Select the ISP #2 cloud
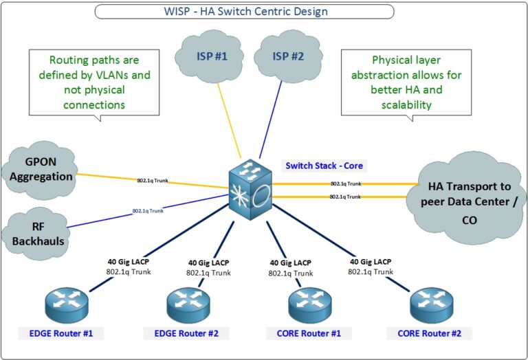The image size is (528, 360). coord(288,56)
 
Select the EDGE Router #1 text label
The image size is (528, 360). coord(61,334)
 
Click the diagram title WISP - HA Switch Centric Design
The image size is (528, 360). coord(244,11)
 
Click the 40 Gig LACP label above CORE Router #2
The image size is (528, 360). coord(371,262)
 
